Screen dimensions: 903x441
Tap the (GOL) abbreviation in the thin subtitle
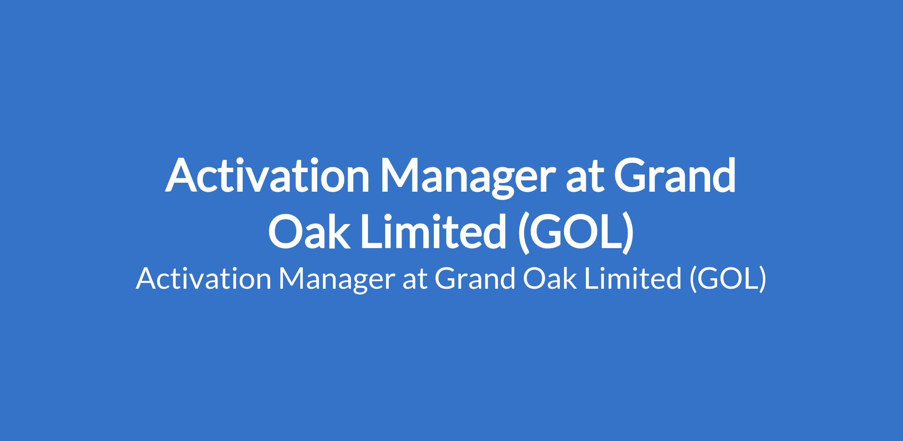point(726,280)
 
